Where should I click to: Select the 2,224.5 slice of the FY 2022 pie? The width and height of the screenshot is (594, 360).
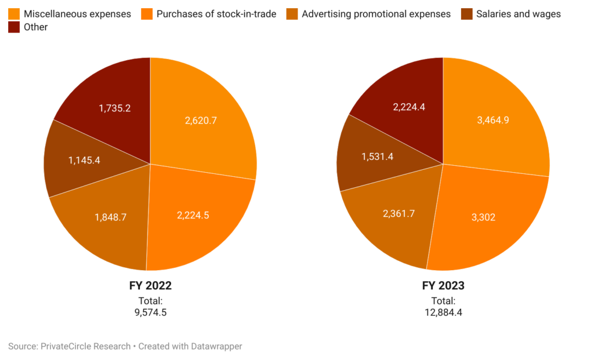point(193,215)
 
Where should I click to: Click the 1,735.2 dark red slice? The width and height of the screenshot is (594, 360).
point(114,108)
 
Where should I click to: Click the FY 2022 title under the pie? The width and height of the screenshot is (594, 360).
point(150,286)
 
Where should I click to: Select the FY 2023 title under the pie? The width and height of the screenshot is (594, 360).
point(443,286)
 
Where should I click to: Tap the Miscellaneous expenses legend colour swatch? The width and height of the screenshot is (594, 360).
point(14,13)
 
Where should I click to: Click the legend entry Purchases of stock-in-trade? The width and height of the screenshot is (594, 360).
point(216,13)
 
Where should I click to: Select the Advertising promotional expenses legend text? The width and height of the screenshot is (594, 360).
point(376,13)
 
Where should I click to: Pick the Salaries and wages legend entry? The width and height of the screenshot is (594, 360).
point(518,13)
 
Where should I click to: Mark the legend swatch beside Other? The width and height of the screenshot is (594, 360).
point(14,27)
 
